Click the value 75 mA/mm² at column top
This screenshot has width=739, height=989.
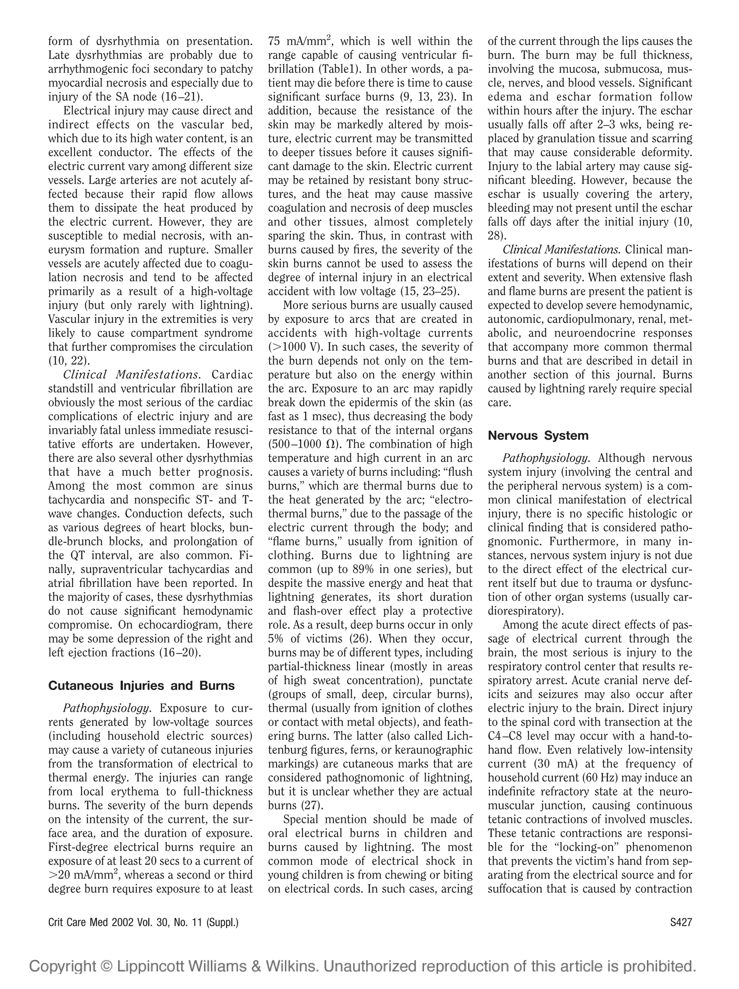(301, 41)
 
